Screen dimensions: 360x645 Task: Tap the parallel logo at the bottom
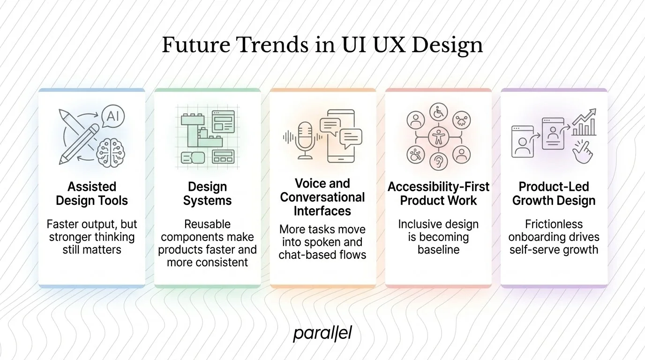[322, 334]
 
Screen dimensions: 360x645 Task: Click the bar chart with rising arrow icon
[584, 123]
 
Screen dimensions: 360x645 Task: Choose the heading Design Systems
[207, 194]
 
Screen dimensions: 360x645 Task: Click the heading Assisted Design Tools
[91, 194]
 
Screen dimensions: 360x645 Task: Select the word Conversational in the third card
[322, 197]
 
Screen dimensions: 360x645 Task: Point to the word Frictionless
[554, 224]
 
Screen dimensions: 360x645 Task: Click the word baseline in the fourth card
[438, 249]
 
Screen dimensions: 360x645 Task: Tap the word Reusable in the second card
[207, 224]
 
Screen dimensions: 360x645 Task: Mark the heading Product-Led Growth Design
[554, 194]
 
